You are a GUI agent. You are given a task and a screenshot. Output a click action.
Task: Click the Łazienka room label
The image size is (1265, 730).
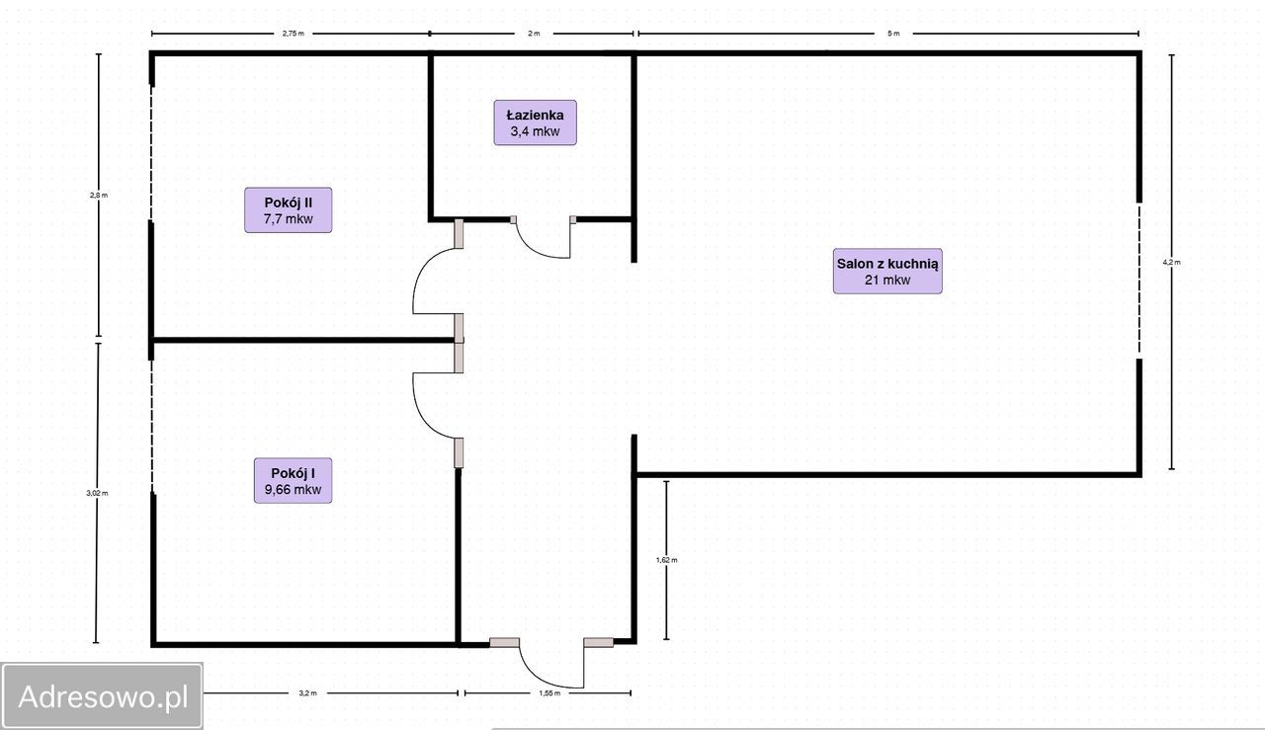click(535, 122)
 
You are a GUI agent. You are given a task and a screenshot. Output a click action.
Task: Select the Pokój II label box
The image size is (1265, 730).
click(288, 210)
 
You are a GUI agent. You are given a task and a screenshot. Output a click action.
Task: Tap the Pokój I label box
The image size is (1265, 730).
click(293, 480)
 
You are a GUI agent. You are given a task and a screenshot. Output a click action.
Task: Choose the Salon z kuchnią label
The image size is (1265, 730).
click(887, 271)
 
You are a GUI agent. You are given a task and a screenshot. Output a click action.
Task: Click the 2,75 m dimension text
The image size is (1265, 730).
click(294, 34)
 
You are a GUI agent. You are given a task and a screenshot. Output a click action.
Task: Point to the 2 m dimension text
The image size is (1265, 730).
click(534, 34)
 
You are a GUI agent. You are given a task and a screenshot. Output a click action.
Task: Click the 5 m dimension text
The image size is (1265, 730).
click(892, 34)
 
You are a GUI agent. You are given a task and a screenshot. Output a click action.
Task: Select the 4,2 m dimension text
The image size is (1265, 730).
click(1171, 262)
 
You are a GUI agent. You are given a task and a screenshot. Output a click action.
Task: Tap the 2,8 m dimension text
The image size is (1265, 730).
click(98, 196)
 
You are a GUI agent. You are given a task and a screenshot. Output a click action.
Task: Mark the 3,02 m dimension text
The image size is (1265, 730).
click(97, 493)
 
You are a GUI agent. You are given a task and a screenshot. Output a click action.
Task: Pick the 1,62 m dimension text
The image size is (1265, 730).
click(666, 560)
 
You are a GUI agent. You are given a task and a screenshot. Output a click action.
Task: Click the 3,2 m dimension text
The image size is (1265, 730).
click(307, 693)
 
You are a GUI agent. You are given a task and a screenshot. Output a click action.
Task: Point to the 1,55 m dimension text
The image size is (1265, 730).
click(549, 693)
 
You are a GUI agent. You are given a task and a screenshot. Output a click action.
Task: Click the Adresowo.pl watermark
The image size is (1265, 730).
click(103, 696)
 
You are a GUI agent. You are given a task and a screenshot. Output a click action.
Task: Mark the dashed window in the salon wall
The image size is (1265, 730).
click(1139, 280)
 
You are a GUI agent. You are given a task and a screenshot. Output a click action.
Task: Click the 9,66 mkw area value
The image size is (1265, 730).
click(293, 490)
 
